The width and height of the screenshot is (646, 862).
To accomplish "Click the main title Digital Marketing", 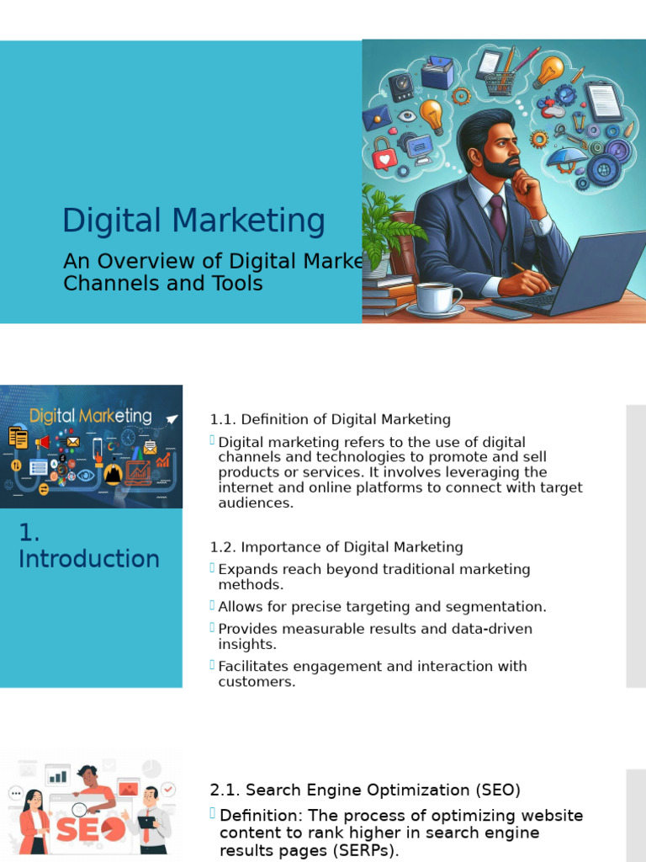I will click(x=193, y=221).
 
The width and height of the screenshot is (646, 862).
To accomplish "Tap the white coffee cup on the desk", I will click(x=437, y=297).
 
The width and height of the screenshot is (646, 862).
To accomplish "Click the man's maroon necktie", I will click(x=498, y=216).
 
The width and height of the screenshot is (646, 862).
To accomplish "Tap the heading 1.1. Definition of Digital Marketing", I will click(x=330, y=419).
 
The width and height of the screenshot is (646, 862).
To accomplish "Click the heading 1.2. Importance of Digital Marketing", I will click(x=336, y=547).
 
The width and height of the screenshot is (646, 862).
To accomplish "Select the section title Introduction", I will click(x=89, y=559).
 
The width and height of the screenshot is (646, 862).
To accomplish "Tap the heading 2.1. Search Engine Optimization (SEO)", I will click(x=365, y=790).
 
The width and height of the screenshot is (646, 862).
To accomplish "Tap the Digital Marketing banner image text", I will click(x=91, y=416).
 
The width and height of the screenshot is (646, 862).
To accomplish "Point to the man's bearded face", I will click(x=502, y=154).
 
